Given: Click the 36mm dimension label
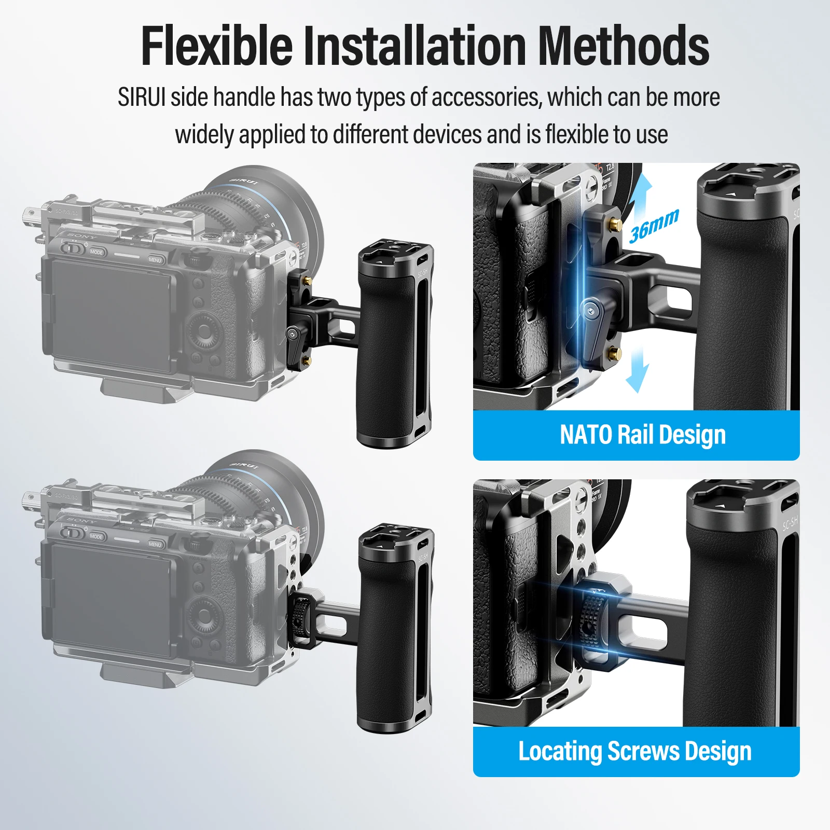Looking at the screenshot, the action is (654, 226).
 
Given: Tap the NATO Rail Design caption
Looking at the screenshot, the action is (643, 435).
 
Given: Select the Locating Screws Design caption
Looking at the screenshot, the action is (635, 751).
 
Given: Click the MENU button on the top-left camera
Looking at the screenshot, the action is (155, 259).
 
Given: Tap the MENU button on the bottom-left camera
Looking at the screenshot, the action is (155, 544).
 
